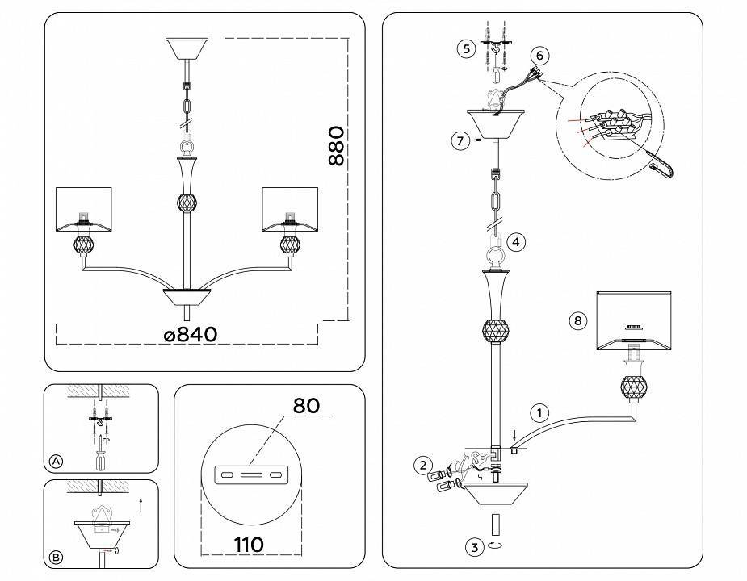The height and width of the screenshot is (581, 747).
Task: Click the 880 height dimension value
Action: click(337, 146)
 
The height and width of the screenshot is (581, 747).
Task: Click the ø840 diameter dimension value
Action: click(190, 333)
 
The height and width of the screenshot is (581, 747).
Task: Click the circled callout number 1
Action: click(539, 412)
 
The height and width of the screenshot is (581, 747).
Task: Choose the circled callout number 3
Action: click(475, 547)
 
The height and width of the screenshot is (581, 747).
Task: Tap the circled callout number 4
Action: click(517, 240)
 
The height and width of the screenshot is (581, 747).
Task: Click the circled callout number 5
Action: click(464, 48)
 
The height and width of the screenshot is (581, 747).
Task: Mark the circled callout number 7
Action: click(460, 140)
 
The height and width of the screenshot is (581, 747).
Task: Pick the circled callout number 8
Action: click(577, 320)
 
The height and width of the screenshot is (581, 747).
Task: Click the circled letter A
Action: click(56, 461)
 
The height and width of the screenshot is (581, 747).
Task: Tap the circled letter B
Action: click(56, 557)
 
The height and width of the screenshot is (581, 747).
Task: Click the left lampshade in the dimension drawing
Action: click(82, 207)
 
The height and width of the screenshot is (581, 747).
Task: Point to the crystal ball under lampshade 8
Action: click(634, 387)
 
